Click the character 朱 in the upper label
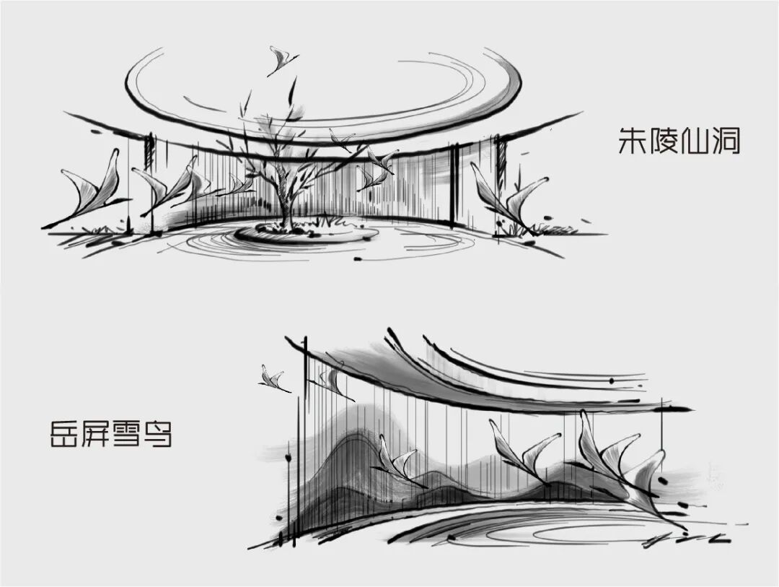(633, 140)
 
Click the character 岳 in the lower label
(63, 433)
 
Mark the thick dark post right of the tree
(454, 184)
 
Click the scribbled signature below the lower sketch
(685, 539)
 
